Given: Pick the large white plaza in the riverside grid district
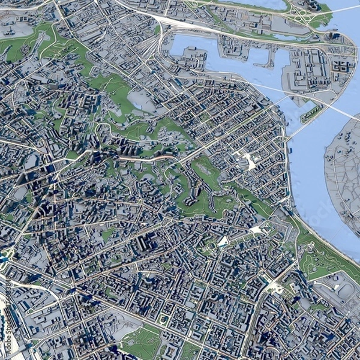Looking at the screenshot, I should tap(247, 160).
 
